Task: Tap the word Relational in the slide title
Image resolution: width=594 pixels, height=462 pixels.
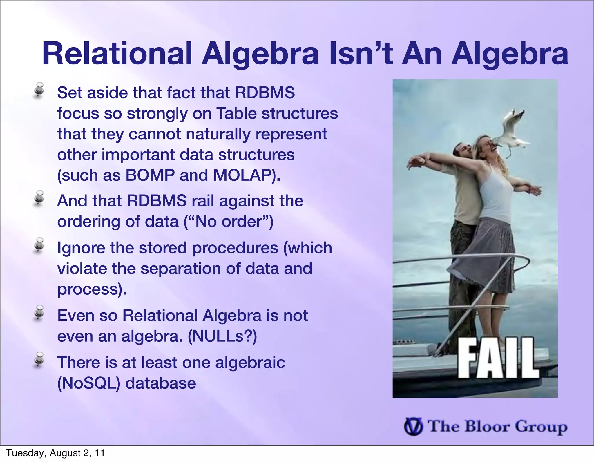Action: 117,54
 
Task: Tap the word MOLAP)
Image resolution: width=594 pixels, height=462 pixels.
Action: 247,175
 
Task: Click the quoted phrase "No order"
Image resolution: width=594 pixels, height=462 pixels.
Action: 229,222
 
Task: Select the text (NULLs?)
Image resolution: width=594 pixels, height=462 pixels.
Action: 222,336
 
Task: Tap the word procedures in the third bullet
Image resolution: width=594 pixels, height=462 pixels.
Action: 235,248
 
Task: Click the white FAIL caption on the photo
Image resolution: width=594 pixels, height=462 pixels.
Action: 498,358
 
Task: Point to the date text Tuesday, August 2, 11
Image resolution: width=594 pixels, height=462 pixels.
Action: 55,453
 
